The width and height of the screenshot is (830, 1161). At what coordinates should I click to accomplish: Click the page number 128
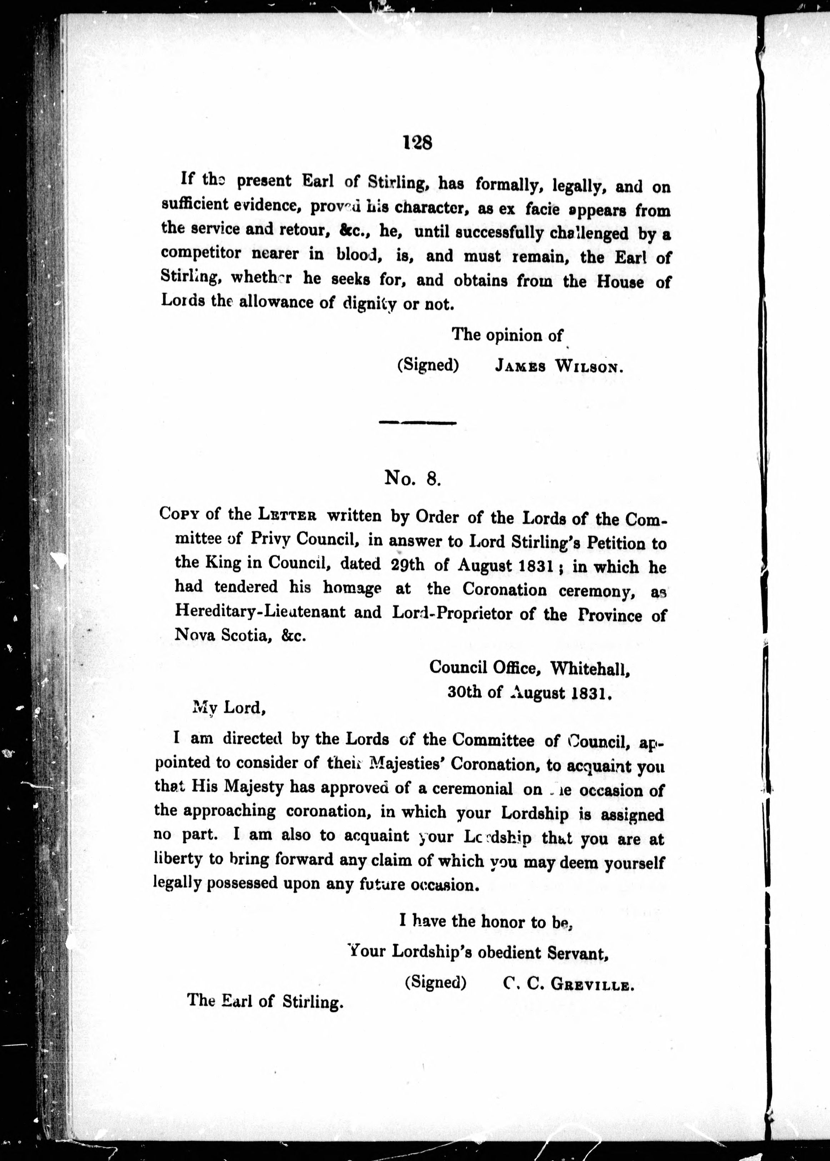click(417, 143)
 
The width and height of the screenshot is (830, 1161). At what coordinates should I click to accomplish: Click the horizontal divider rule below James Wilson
click(417, 423)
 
